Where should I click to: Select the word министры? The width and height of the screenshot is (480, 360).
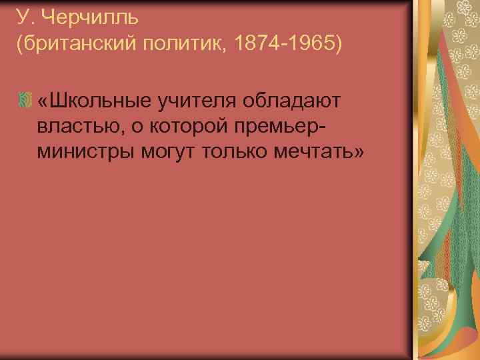click(86, 152)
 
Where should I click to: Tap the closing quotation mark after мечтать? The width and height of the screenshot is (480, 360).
click(359, 152)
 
